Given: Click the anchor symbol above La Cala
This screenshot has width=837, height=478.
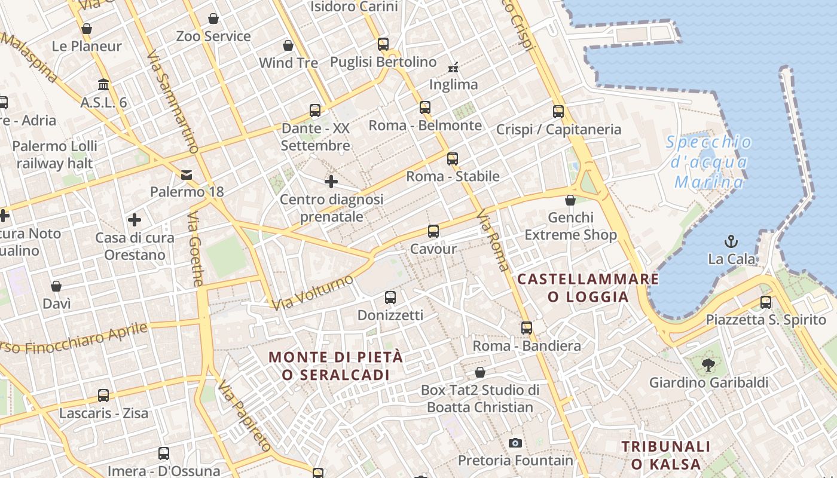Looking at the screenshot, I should [730, 241].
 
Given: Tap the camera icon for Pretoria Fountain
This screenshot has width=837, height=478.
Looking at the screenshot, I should [515, 443].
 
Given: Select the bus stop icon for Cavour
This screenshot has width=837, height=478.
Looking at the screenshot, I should [433, 231].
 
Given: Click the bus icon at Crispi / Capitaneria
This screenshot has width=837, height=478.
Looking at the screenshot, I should [558, 111].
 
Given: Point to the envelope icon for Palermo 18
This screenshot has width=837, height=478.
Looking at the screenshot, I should [187, 174].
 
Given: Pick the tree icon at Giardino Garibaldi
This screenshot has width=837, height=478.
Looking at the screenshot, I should [708, 364].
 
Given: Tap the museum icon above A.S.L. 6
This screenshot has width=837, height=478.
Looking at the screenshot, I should [103, 84].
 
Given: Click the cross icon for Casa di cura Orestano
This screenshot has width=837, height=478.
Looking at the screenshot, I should [135, 220].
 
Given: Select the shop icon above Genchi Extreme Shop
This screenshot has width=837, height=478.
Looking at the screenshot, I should [570, 200].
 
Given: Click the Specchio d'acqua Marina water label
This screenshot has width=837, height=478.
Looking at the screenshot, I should [709, 162].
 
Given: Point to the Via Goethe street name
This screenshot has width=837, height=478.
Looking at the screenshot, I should [196, 248].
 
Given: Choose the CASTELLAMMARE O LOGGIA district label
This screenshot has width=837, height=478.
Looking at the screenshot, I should [588, 287].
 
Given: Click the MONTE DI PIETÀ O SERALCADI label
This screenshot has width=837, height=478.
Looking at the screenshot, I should [336, 366].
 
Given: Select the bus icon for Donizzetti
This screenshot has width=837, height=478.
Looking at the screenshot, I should [390, 297].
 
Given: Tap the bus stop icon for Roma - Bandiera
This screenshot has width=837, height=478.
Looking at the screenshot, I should [526, 327].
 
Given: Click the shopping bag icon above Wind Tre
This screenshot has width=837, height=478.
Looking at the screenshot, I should [288, 45].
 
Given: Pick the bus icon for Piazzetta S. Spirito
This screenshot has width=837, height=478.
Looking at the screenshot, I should [765, 302].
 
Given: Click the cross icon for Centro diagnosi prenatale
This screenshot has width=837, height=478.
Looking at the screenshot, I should [331, 181].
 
